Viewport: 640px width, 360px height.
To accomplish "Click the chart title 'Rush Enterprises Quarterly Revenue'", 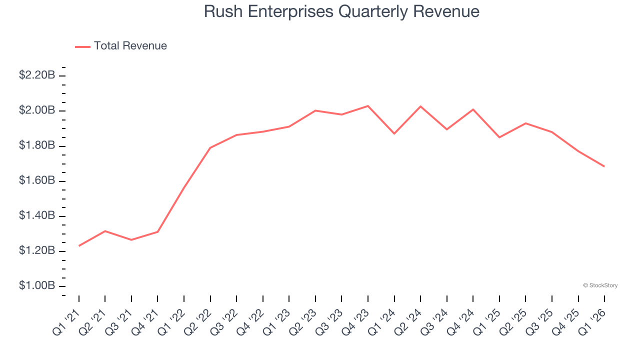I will pos(341,11).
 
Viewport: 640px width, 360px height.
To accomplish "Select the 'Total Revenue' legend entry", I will pos(130,46).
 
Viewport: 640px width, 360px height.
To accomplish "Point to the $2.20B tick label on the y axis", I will pos(37,75).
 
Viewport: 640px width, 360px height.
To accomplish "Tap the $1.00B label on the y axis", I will pos(37,286).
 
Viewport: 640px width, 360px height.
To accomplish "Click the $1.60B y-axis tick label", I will pos(37,180).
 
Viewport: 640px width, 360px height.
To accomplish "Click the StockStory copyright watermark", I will pos(600,285).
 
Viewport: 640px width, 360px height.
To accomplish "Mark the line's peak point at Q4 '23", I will pos(368,106).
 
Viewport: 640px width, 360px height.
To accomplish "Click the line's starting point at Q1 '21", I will pos(79,246).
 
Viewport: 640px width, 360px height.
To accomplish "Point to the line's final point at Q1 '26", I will pos(604,166).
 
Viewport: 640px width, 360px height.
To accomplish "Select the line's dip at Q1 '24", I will pos(394,133).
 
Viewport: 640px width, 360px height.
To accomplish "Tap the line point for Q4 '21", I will pos(157,231).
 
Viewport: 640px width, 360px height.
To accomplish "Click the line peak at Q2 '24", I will pos(420,106).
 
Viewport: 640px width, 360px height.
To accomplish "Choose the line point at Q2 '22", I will pos(210,147).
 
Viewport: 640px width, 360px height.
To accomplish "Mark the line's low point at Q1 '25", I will pos(499,137).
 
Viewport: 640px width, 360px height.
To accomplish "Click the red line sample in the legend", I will pos(82,46).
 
